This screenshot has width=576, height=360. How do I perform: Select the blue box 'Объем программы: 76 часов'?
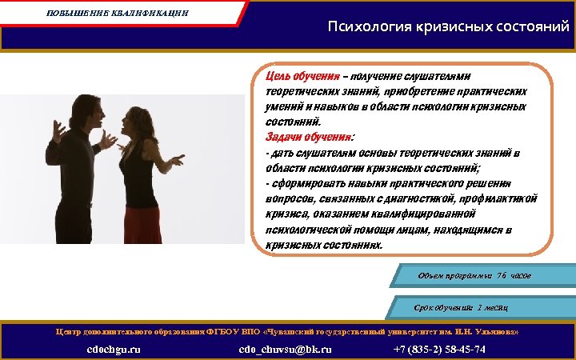point(475,276)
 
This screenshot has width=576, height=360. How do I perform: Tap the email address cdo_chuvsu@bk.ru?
point(285,350)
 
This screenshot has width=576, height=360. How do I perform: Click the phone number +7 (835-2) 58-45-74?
point(440,350)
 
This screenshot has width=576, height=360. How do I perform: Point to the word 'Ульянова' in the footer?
point(500,330)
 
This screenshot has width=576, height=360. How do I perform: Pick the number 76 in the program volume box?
point(502,276)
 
